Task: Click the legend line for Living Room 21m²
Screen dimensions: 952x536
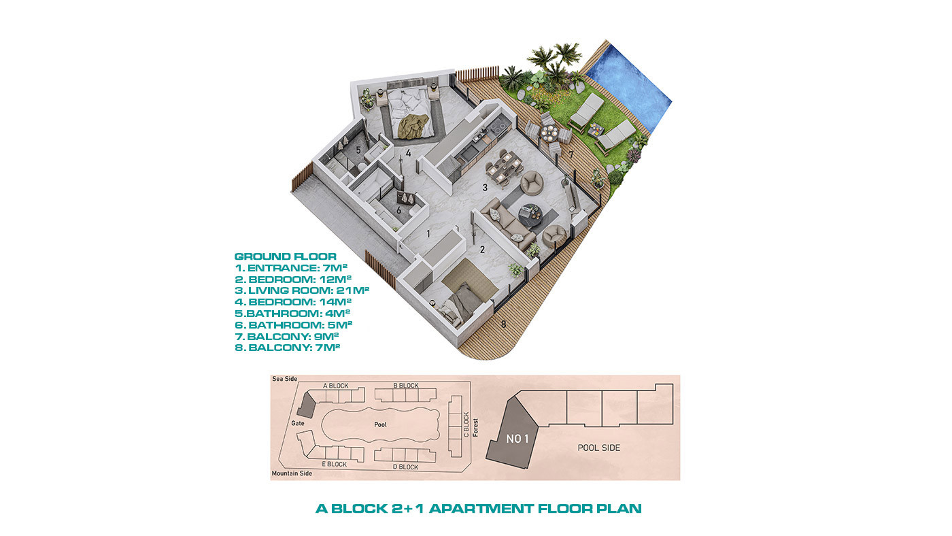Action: (x=302, y=290)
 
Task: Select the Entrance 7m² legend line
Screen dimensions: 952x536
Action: (x=291, y=268)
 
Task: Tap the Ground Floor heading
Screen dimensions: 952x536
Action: (x=285, y=256)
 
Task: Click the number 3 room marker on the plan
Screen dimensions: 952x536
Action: (x=484, y=188)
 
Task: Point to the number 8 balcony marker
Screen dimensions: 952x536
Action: (x=503, y=324)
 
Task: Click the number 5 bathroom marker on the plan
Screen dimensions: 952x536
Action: (x=358, y=150)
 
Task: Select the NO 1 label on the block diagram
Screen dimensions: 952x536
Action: (x=517, y=439)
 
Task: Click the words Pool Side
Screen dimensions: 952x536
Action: (x=599, y=448)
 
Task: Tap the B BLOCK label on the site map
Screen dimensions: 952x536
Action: (x=406, y=386)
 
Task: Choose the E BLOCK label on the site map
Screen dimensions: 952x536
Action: (x=334, y=464)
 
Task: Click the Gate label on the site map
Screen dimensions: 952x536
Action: (x=298, y=423)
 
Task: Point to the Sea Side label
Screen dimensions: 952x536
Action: (x=285, y=379)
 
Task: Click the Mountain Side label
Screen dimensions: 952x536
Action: (x=292, y=473)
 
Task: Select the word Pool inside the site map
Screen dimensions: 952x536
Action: (x=380, y=424)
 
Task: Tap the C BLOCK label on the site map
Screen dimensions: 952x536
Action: (x=466, y=424)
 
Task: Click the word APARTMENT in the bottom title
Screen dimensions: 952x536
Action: (x=481, y=508)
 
